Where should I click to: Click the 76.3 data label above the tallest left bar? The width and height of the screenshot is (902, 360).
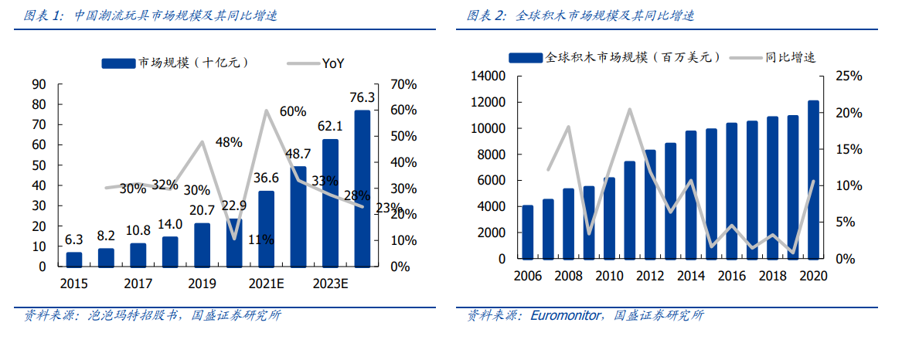363,97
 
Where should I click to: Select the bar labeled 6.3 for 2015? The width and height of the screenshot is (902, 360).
74,259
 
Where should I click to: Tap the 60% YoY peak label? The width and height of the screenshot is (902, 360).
293,111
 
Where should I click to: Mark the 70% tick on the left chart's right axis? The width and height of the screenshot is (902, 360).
403,83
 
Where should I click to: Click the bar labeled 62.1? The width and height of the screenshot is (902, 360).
330,202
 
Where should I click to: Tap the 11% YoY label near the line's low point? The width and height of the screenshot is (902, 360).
261,239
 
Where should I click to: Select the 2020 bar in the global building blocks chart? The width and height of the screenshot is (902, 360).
813,179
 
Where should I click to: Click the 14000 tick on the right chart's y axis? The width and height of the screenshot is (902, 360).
488,76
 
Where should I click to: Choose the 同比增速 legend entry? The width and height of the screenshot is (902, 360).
790,57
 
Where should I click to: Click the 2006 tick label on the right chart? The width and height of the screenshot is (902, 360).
527,275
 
